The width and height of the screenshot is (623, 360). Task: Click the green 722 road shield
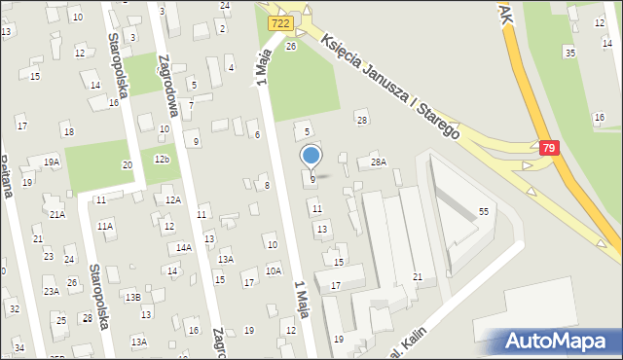click(x=280, y=22)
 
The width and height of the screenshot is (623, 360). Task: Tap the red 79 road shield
click(x=551, y=148)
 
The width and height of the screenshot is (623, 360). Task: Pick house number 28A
click(x=378, y=162)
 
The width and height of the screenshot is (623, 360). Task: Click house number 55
click(x=483, y=211)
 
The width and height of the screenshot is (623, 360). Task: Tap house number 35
click(x=570, y=52)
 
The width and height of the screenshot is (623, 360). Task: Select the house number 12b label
click(x=162, y=159)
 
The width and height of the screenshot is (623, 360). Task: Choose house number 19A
click(x=51, y=162)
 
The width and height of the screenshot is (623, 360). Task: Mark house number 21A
click(x=57, y=214)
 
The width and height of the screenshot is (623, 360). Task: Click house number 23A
click(x=51, y=291)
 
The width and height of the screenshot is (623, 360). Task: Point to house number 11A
click(x=105, y=226)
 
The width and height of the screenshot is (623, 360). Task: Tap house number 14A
click(x=184, y=248)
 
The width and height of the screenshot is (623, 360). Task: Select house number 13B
click(x=132, y=297)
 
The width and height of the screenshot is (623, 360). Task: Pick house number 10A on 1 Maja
click(x=274, y=270)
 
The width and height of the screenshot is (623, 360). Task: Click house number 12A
click(x=172, y=199)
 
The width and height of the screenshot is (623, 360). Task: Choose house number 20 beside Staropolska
click(x=127, y=165)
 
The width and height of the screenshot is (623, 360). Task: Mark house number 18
click(x=67, y=131)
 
